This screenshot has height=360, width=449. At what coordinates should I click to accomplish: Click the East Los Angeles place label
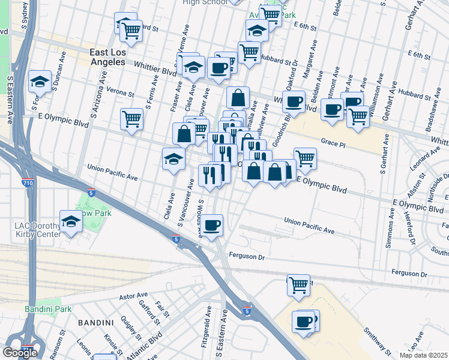tap(116, 57)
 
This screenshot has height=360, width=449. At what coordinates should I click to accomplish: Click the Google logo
tap(20, 352)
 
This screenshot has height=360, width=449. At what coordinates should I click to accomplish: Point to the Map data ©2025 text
tap(423, 355)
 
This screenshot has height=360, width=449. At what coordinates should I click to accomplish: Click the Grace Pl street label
tap(334, 142)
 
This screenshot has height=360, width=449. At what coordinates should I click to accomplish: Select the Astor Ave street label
tap(133, 296)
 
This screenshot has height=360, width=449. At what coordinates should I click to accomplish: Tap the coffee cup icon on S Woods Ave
tap(211, 225)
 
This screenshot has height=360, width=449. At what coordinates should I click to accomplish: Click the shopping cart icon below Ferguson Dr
tap(298, 284)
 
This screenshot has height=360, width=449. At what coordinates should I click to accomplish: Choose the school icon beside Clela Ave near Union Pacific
tap(173, 158)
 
